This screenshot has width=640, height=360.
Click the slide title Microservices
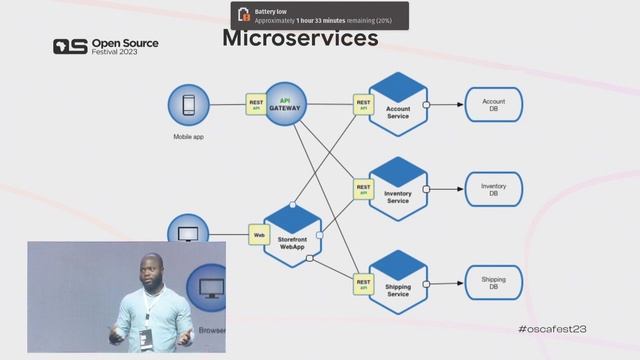(x=299, y=39)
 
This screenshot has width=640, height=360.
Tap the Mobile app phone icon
(x=187, y=104)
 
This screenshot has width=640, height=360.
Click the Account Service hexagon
(x=398, y=104)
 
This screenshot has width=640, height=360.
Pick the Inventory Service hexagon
(x=398, y=189)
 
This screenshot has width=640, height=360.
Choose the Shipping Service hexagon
(x=398, y=281)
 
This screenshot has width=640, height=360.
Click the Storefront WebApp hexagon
(x=292, y=236)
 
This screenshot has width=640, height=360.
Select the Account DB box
(x=493, y=105)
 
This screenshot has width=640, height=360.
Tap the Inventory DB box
(x=493, y=189)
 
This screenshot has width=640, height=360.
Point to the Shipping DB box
(x=493, y=282)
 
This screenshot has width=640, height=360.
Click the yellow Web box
(x=259, y=235)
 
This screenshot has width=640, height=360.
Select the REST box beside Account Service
(x=363, y=104)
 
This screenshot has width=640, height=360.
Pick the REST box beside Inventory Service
(x=363, y=189)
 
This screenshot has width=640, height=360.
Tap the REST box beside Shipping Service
(x=363, y=283)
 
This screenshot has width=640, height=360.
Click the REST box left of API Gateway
(x=256, y=104)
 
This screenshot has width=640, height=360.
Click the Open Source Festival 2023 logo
(x=105, y=47)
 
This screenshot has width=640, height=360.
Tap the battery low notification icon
(x=243, y=15)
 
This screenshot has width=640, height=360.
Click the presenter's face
(x=152, y=273)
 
